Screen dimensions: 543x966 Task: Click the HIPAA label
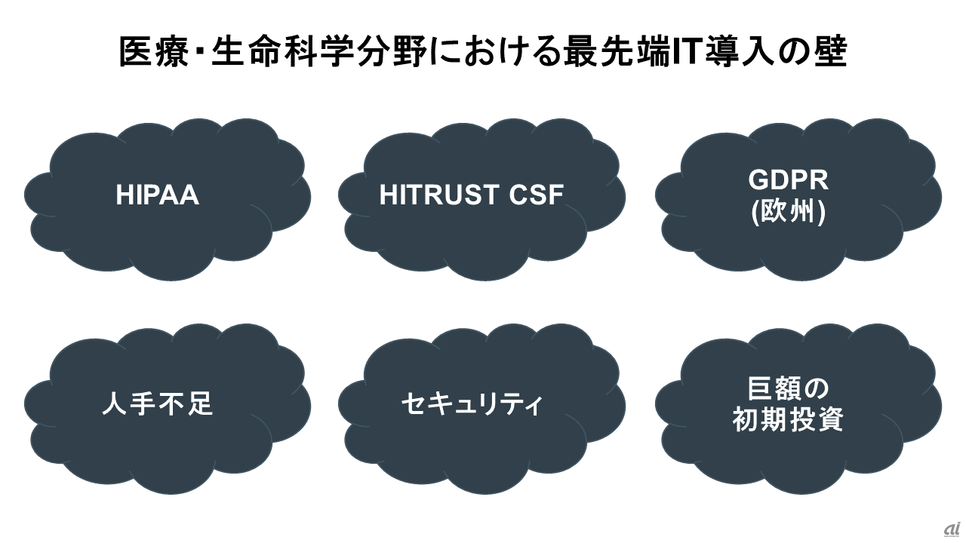157,195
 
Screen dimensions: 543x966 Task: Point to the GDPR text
788,179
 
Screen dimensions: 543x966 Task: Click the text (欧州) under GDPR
788,214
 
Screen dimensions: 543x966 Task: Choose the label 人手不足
157,404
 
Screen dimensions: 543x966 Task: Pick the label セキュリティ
471,404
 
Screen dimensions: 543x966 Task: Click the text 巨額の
788,389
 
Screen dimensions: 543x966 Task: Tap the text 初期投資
788,421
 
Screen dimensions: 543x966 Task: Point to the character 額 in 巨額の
788,389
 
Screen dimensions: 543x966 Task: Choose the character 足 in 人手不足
199,404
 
